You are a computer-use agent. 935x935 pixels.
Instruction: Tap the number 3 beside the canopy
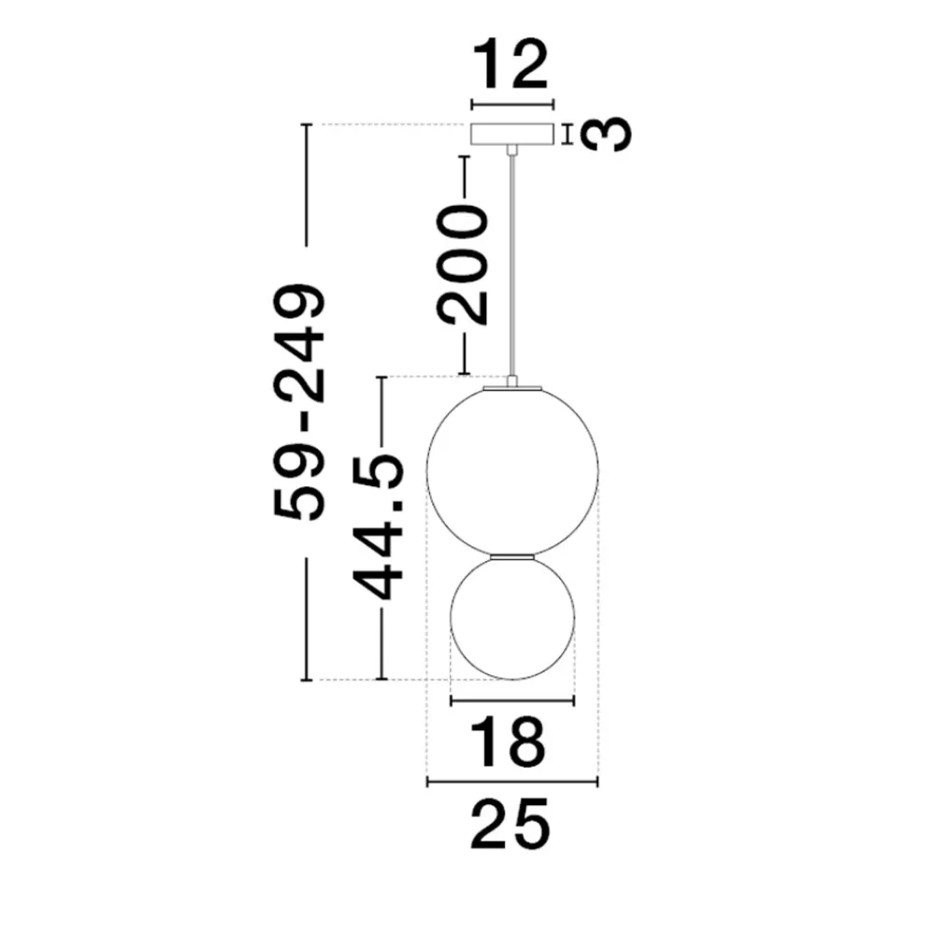click(x=605, y=134)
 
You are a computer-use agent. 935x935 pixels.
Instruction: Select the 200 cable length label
click(x=463, y=265)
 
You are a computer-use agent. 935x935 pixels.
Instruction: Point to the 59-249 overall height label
click(x=299, y=402)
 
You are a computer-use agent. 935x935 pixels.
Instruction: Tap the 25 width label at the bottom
click(x=510, y=825)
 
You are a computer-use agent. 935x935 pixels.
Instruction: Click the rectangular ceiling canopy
click(x=512, y=134)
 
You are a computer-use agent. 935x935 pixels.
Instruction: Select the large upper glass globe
click(x=512, y=471)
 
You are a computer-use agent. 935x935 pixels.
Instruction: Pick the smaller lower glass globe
click(x=512, y=617)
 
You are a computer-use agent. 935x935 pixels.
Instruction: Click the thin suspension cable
click(x=511, y=266)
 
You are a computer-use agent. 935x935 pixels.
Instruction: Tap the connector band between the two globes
click(x=512, y=556)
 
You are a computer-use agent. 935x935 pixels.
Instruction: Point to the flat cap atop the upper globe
click(x=512, y=388)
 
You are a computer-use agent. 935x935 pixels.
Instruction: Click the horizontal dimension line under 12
click(x=512, y=106)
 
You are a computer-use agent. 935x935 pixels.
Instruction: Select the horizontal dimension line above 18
click(x=512, y=700)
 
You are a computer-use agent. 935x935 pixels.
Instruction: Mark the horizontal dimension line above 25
click(x=512, y=782)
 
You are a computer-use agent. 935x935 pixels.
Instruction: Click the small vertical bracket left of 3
click(x=568, y=134)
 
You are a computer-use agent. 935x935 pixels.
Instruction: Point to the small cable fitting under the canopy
click(x=511, y=150)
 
